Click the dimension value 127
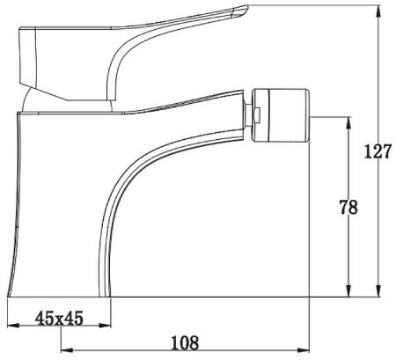[x=378, y=151]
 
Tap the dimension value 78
[x=348, y=207]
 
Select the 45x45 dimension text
[x=59, y=318]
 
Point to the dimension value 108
[x=185, y=342]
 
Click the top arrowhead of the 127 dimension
[x=378, y=11]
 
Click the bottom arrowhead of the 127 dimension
[x=378, y=290]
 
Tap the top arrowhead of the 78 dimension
[x=348, y=123]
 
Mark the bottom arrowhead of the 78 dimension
[x=348, y=290]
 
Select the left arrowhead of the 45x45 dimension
[x=13, y=326]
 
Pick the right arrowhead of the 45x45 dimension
[x=105, y=326]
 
